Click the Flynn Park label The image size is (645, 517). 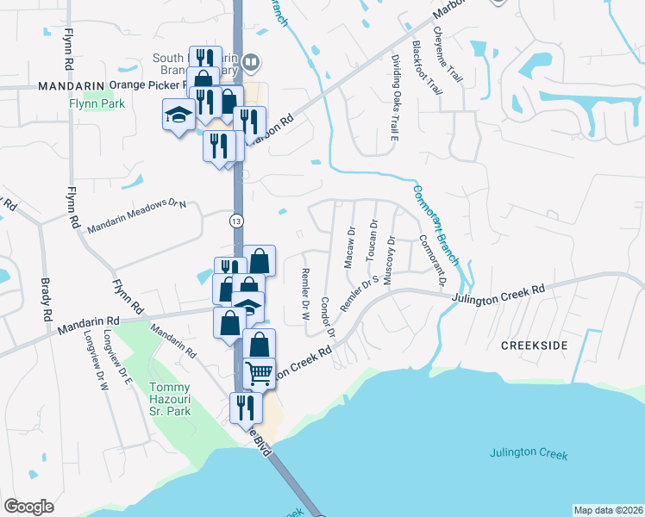(x=97, y=104)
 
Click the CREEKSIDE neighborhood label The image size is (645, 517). (x=535, y=345)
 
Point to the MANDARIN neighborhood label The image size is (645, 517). (x=71, y=86)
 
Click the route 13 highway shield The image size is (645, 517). (x=235, y=221)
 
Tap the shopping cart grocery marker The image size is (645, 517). (x=259, y=373)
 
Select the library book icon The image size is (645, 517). (x=251, y=61)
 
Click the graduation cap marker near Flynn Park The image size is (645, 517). (x=178, y=115)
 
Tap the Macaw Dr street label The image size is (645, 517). (x=351, y=248)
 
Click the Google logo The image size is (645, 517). (x=28, y=507)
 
